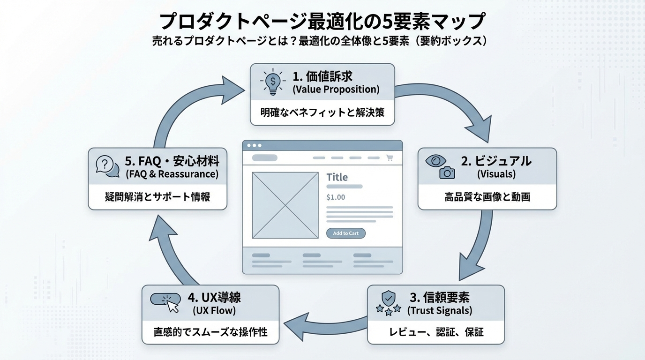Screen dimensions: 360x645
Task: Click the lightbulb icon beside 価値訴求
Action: coord(272,82)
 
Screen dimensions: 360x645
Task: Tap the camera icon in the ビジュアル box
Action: coord(447,172)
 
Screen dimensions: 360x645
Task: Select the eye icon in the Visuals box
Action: coord(436,161)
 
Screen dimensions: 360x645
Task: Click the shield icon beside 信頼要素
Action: coord(388,298)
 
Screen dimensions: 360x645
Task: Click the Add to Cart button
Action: coord(345,233)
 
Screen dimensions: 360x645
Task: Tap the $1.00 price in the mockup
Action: coord(336,197)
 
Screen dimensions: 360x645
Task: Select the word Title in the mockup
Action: coord(337,177)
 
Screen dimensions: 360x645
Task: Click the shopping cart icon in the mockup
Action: coord(390,158)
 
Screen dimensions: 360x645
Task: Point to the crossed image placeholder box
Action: coord(285,205)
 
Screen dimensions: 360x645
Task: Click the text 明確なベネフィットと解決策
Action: coord(322,112)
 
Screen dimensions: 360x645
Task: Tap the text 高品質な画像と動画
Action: coord(487,197)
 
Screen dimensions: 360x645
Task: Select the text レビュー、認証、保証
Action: coord(436,332)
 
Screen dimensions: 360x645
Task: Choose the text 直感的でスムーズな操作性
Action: coord(210,332)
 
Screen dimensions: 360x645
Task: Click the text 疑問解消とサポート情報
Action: coord(157,197)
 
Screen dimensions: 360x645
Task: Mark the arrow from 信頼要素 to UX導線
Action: coord(323,323)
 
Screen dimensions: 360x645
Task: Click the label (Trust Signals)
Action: coord(440,310)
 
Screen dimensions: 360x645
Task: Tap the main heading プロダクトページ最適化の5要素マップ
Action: coord(322,21)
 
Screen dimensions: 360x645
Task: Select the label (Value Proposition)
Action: coord(336,89)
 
